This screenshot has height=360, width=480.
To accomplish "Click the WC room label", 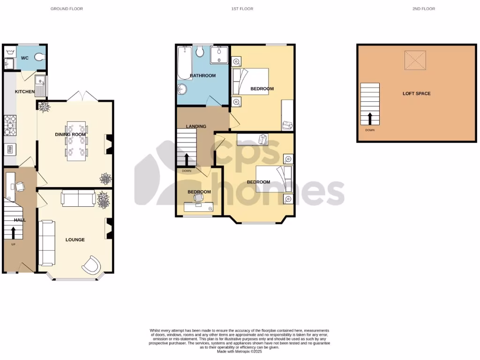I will (25, 58).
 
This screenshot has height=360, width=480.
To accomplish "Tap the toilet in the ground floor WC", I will (40, 57).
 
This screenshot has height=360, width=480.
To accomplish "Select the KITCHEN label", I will (25, 91).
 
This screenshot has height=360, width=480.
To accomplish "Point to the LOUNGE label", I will (75, 240).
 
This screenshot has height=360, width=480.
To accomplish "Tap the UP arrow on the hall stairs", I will (13, 232).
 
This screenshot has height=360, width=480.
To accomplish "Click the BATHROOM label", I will (202, 75).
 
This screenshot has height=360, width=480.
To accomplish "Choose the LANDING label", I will (196, 126).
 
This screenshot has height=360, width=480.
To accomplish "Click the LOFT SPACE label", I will (416, 93).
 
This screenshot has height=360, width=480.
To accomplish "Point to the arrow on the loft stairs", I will (370, 118).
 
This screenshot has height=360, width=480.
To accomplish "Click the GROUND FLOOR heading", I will (67, 9).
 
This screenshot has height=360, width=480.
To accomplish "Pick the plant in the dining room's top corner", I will (45, 107).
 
